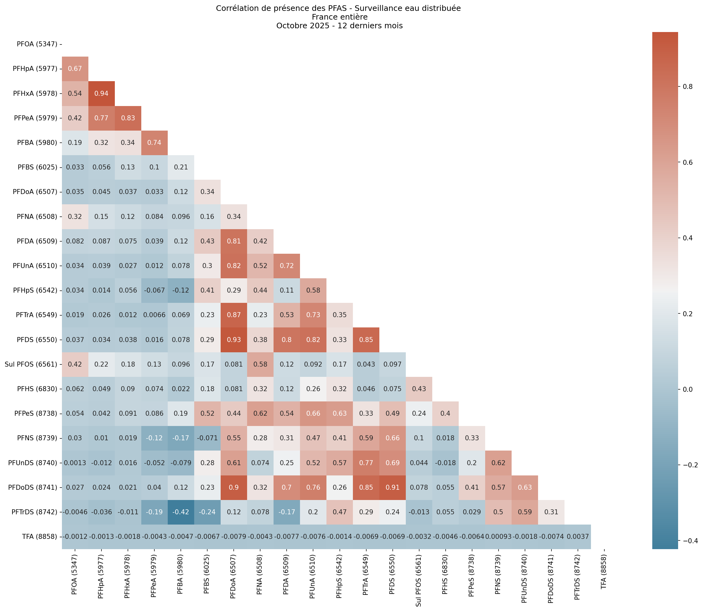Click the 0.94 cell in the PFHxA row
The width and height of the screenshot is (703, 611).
pos(101,93)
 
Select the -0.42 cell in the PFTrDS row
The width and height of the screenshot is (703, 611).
pos(181,512)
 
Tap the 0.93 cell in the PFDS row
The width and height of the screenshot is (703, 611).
pos(234,340)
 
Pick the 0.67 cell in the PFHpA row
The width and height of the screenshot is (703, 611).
pos(75,68)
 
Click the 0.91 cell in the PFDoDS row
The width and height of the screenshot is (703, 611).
pos(392,488)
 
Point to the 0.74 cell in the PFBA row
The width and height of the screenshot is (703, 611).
pos(154,142)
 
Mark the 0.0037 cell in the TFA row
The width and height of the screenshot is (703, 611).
pos(577,537)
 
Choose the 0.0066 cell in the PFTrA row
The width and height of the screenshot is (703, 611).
pos(154,315)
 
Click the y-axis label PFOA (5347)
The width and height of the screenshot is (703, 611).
pos(37,44)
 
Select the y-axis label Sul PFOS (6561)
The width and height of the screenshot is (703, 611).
pos(31,364)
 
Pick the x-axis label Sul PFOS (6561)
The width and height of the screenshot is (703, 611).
pos(419,579)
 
